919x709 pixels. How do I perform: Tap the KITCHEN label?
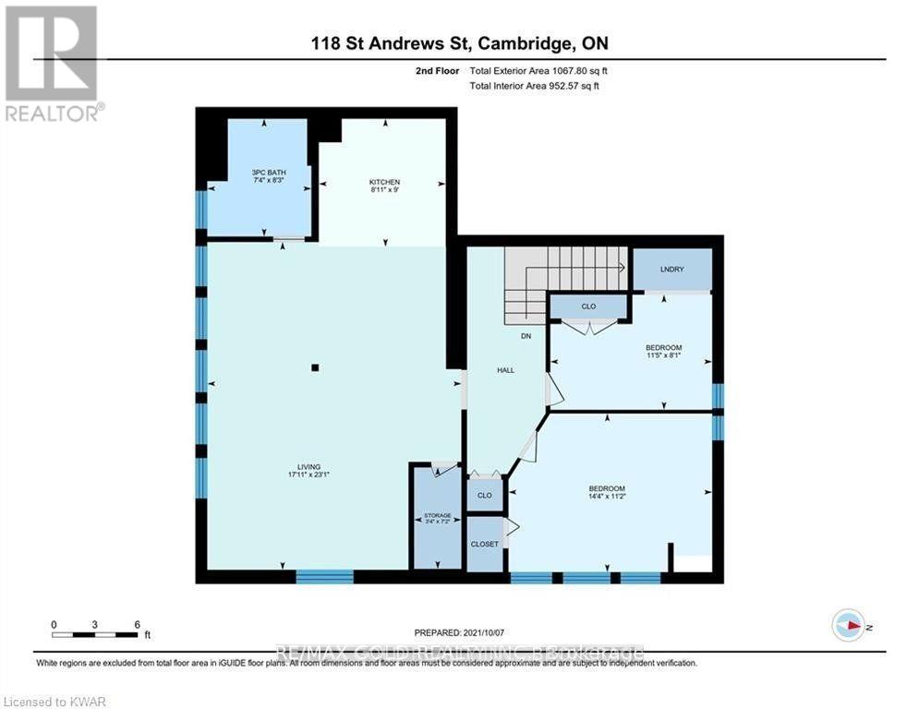[383, 182]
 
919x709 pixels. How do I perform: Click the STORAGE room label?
[437, 515]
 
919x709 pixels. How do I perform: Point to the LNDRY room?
[671, 269]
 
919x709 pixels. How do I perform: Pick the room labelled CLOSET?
[485, 544]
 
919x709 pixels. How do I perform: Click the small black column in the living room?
[315, 367]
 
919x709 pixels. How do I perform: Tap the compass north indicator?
[848, 625]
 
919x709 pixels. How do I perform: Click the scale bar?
[95, 634]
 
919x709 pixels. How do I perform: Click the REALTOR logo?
[52, 62]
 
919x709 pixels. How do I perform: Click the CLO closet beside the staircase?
[589, 306]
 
